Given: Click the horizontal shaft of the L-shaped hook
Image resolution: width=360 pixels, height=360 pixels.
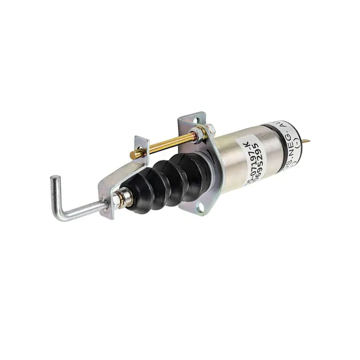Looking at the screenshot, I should click(83, 211).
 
